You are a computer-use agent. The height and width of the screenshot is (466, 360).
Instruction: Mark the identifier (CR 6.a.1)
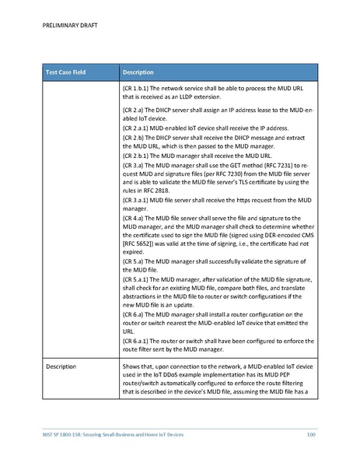point(138,341)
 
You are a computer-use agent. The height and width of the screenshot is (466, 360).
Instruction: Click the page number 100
point(311,433)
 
